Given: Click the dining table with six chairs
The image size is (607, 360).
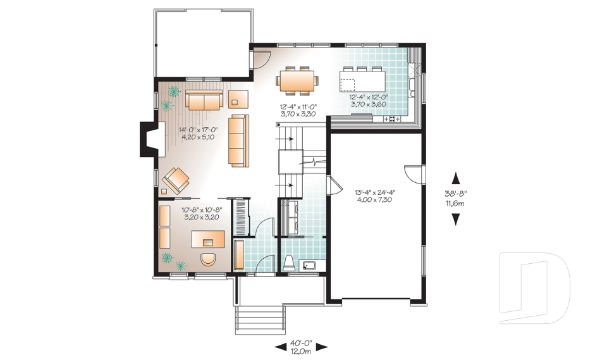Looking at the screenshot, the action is pyautogui.click(x=297, y=80).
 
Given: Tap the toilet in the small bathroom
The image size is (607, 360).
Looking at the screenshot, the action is pyautogui.click(x=289, y=263).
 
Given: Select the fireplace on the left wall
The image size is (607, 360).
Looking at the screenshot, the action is pyautogui.click(x=149, y=139).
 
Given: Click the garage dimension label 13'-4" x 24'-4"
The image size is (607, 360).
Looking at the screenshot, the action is pyautogui.click(x=375, y=192).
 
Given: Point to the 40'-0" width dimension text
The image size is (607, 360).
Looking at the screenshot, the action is pyautogui.click(x=301, y=344).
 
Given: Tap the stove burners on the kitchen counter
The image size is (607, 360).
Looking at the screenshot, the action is pyautogui.click(x=391, y=119).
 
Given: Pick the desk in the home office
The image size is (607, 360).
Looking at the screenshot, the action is pyautogui.click(x=208, y=239).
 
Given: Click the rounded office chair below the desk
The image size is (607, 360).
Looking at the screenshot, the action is pyautogui.click(x=208, y=259).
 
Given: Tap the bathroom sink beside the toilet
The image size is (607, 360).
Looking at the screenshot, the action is pyautogui.click(x=309, y=266).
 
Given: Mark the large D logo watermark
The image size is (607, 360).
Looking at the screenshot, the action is pyautogui.click(x=534, y=288).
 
